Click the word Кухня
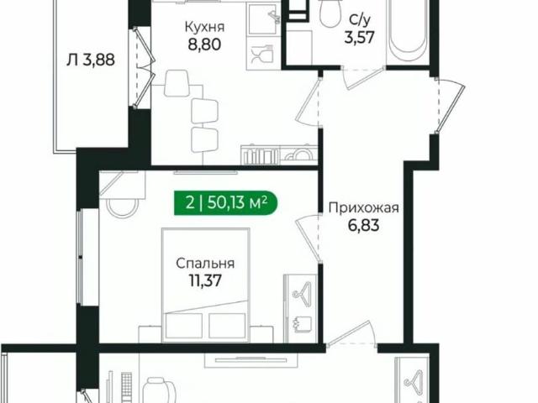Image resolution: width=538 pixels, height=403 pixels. click(204, 26)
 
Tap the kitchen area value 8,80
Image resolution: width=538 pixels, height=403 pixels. click(204, 45)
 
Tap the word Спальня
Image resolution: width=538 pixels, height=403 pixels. click(205, 263)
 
